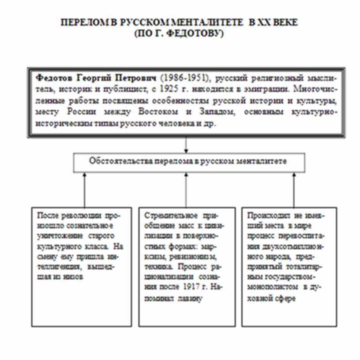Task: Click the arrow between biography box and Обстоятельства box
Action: (x=186, y=144)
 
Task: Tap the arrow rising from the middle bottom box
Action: (x=186, y=190)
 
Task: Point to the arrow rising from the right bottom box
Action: (x=293, y=190)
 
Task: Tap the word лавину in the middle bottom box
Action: (x=191, y=299)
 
